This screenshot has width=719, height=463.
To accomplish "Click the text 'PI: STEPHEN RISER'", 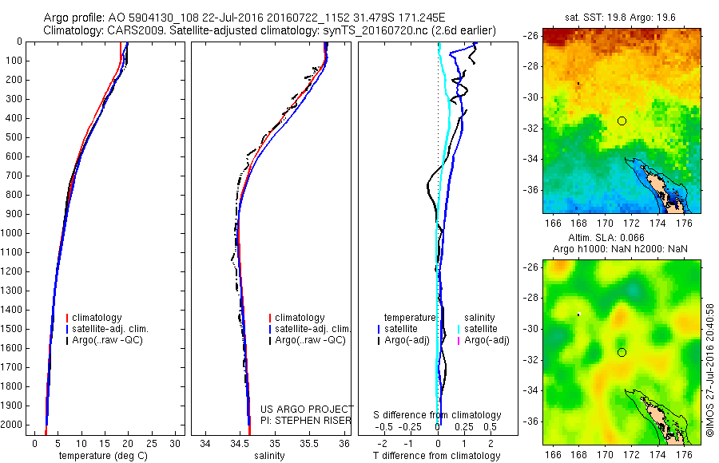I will (302, 420).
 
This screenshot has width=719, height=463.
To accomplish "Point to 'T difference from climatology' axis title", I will (436, 456).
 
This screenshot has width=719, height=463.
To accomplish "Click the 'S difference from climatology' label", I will (438, 415).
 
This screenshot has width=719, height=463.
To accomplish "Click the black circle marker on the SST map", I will (622, 121).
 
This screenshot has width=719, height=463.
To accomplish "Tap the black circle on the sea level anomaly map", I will (622, 352).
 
